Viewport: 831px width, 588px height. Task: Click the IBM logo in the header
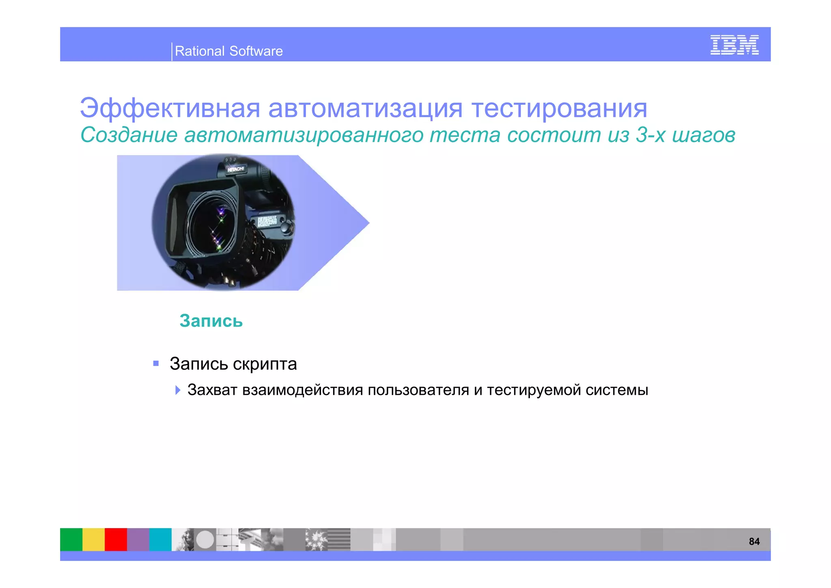point(734,45)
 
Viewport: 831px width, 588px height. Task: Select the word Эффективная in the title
point(170,108)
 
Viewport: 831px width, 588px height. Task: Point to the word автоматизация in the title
point(365,108)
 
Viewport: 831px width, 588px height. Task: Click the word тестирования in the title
point(559,108)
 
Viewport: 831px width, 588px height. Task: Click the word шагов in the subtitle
point(704,135)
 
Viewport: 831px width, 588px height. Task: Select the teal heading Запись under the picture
point(211,321)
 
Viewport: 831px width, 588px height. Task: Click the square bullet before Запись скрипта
point(156,363)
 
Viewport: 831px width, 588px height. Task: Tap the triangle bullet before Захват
point(177,390)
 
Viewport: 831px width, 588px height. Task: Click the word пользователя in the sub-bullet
point(418,390)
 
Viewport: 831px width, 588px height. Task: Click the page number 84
point(754,541)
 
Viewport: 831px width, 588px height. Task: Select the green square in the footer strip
point(71,539)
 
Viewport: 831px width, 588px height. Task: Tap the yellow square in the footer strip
point(93,539)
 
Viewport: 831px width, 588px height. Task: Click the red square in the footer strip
point(116,539)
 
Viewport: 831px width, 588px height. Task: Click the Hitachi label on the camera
point(236,169)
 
